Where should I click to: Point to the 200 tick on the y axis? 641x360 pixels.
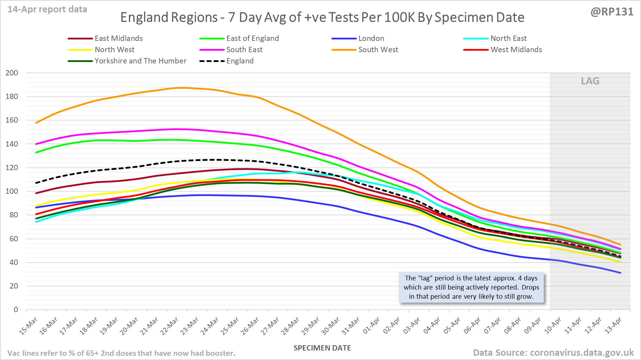coord(12,73)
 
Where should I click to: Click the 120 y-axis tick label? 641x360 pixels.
coord(12,168)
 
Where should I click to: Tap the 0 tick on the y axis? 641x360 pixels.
coord(15,310)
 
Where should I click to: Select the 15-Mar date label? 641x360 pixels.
coord(29,326)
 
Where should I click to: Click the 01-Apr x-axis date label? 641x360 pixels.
coord(372,326)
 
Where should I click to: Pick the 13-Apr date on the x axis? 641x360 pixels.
coord(614,326)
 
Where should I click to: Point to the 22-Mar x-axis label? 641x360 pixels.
coord(170,326)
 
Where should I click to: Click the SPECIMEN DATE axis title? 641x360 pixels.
coord(322,348)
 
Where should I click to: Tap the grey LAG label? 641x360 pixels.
coord(590,81)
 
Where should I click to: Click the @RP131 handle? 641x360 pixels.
coord(612,12)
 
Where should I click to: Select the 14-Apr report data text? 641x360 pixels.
coord(48,10)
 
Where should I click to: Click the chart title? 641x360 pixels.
coord(322,17)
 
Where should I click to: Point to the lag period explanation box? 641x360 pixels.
coord(471,287)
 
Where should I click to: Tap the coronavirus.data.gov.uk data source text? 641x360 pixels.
coord(553,353)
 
